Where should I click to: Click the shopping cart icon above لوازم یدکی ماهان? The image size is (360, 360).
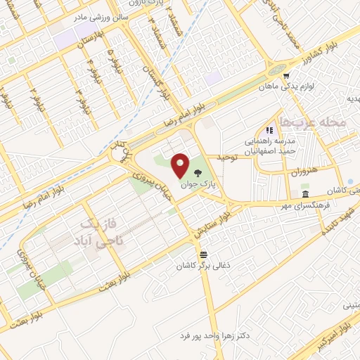[x=285, y=75]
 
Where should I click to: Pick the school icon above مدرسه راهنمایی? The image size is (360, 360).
[x=269, y=130]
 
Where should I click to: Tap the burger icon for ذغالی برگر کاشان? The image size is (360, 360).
[x=203, y=253]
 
